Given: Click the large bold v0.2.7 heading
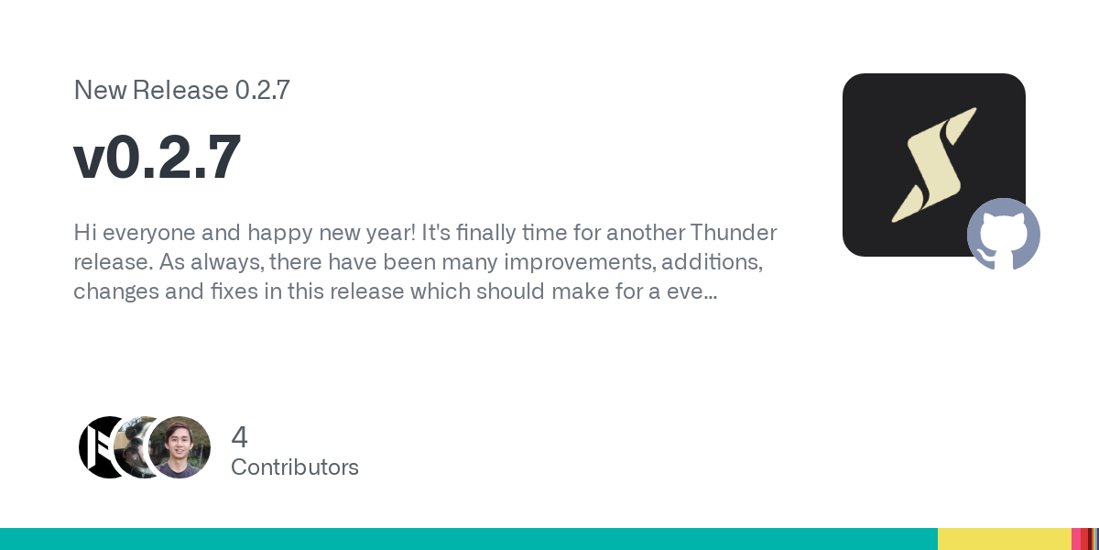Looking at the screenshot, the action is pos(157,157).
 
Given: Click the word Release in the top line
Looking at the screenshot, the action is pos(180,90).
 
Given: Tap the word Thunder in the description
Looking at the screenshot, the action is pos(734,232).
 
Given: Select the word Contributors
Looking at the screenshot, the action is pos(295,467).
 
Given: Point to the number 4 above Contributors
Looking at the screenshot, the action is pos(239,437).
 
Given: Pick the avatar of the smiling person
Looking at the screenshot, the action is pos(180,447).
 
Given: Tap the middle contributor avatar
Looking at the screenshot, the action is pos(133,447).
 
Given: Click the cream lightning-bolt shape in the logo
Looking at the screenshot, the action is pos(933,165).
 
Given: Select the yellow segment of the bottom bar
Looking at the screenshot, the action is pos(1005,539).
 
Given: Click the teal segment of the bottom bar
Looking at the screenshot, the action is pos(469,539).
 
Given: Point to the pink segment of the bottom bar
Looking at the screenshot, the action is pos(1076,539).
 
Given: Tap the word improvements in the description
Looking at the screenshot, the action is pos(581,263).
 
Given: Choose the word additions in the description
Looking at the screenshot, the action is pos(712,262).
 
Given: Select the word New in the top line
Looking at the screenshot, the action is pos(100,90).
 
